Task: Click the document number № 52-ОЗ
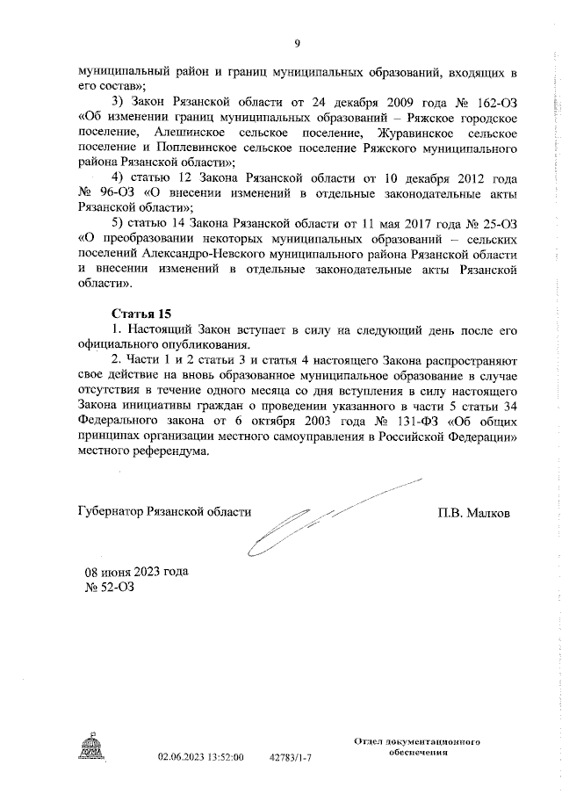click(x=112, y=586)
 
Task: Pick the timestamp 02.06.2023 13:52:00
click(x=200, y=755)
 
